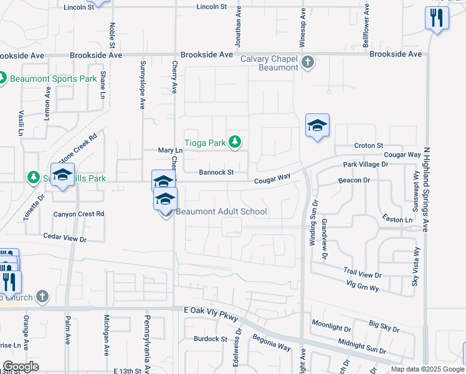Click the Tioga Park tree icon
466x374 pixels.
(x=234, y=143)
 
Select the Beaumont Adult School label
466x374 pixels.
(x=221, y=211)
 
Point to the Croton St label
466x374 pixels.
(x=368, y=145)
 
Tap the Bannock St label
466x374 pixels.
(x=216, y=172)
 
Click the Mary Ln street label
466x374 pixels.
(x=170, y=150)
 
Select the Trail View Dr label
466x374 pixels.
(x=362, y=274)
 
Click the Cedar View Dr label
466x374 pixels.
(x=64, y=237)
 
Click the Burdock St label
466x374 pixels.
(x=209, y=338)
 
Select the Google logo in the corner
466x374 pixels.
(x=21, y=366)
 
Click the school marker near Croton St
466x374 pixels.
(x=317, y=127)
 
